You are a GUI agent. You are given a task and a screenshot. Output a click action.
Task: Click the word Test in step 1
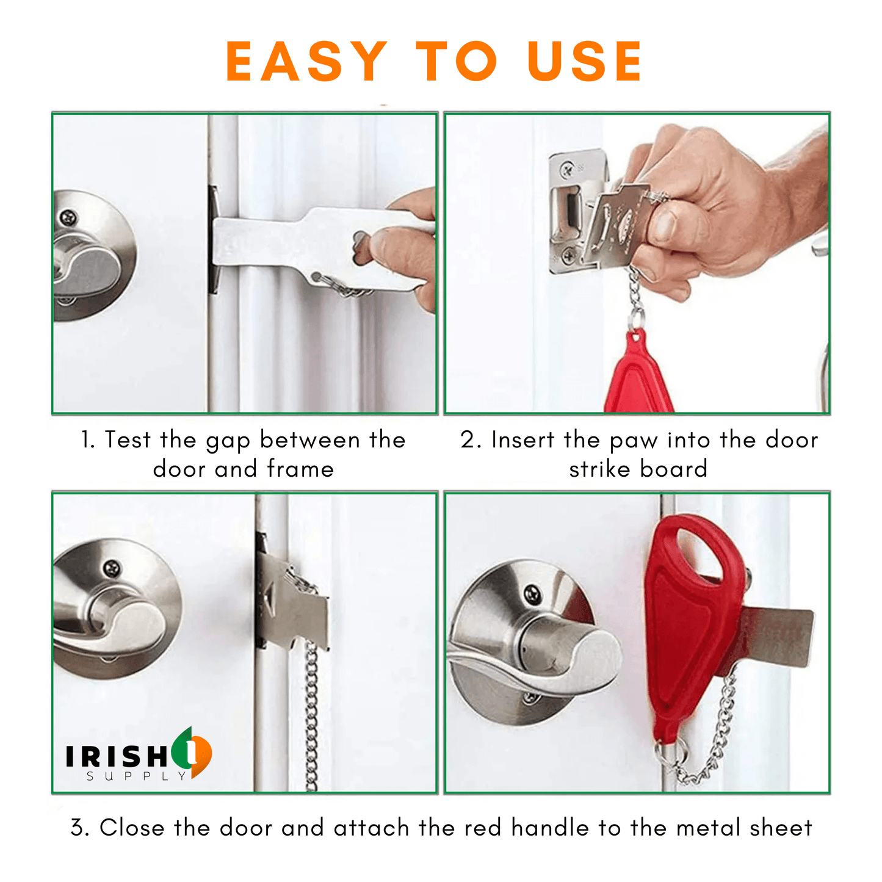coord(127,440)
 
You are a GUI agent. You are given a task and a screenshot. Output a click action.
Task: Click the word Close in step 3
coord(132,828)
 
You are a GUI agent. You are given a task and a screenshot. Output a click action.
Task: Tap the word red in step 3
coord(483,828)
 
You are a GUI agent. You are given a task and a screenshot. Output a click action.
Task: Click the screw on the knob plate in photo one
coord(69,217)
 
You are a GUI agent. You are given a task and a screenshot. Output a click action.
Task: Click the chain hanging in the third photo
coord(311,714)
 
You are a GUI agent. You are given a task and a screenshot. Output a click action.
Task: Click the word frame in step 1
coord(300,469)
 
